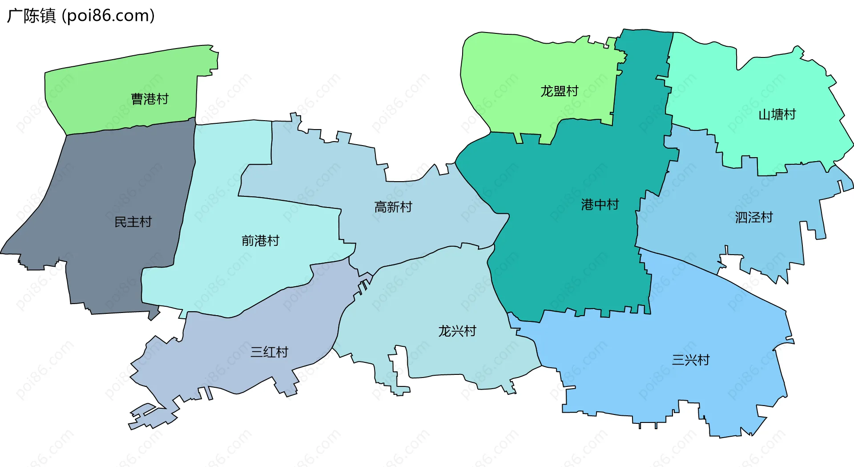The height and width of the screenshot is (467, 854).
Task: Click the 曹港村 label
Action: (149, 99)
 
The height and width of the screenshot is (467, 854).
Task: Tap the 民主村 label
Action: (133, 222)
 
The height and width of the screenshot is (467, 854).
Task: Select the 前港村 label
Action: (260, 241)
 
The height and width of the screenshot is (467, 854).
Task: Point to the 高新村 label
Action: (393, 207)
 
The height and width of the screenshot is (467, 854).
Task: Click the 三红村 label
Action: (269, 352)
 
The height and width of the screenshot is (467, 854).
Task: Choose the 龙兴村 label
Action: (457, 331)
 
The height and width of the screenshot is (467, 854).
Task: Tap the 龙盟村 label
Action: (559, 91)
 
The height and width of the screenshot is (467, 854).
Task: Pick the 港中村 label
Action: (600, 205)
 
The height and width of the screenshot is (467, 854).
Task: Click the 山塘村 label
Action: (777, 115)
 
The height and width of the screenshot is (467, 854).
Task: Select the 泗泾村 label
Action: (754, 217)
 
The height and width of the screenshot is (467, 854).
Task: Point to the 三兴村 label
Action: (691, 360)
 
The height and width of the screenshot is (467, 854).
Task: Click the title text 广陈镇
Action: (31, 16)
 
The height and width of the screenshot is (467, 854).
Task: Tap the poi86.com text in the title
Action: (108, 16)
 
